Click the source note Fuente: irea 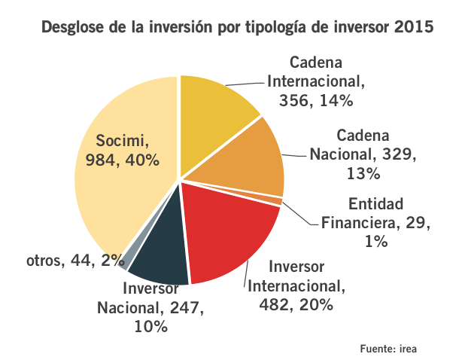pyautogui.click(x=388, y=348)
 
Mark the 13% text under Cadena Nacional pyautogui.click(x=363, y=173)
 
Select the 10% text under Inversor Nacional pyautogui.click(x=151, y=327)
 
